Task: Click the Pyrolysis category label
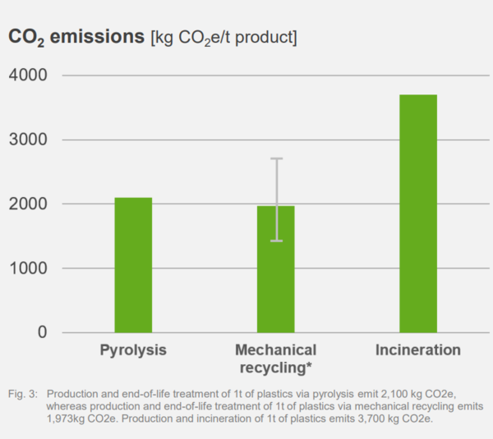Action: [x=133, y=350]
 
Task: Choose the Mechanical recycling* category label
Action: [x=275, y=358]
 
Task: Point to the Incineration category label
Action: [x=418, y=350]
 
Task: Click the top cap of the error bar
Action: [x=277, y=158]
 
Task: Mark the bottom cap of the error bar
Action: [x=277, y=240]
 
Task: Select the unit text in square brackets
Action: [x=223, y=38]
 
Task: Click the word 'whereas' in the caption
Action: [x=68, y=407]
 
